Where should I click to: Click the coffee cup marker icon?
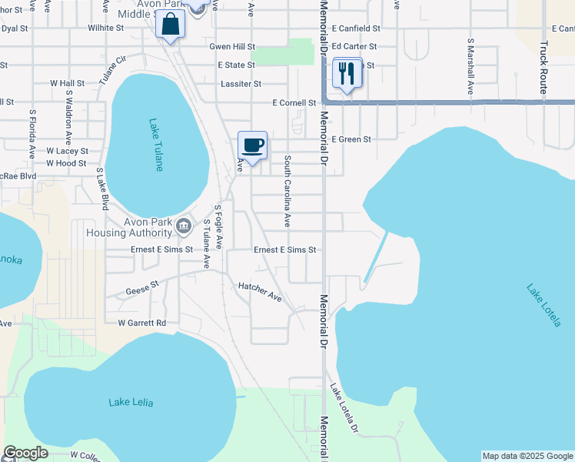(252, 146)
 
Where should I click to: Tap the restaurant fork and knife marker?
(347, 74)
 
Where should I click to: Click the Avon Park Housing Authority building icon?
(183, 226)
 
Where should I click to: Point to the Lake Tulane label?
(157, 144)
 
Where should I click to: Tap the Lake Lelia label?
(131, 402)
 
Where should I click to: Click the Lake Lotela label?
(543, 305)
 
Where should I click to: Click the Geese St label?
(142, 288)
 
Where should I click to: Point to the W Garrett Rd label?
(142, 323)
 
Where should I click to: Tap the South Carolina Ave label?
(287, 191)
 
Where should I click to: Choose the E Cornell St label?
(294, 102)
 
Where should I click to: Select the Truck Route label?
(543, 68)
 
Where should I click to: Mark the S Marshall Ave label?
(470, 66)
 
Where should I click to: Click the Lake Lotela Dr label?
(344, 407)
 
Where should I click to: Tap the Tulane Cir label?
(111, 70)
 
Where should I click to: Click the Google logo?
(25, 454)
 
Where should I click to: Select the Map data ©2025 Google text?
(527, 456)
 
